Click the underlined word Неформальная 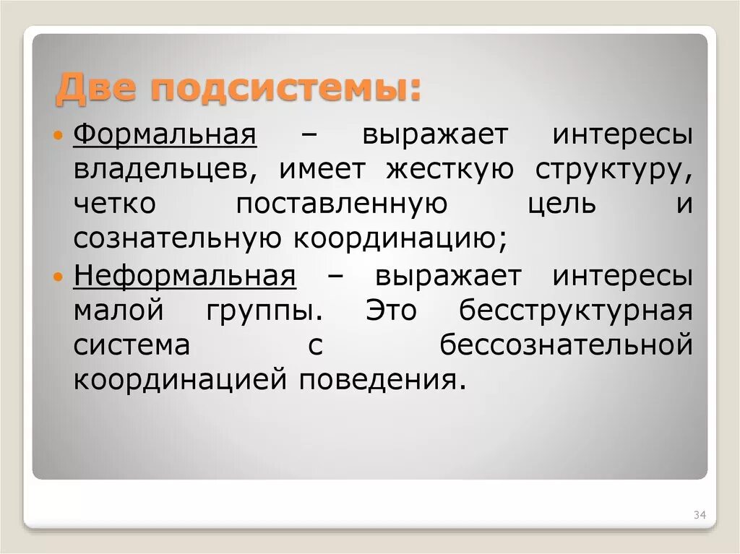(x=184, y=275)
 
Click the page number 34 (x=699, y=515)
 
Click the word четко (x=114, y=204)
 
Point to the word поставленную (x=342, y=204)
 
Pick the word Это (x=391, y=311)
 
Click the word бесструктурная (x=576, y=311)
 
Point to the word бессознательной (x=567, y=345)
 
